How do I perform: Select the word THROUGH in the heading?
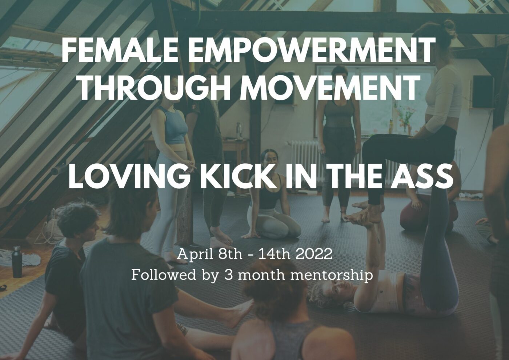[x=154, y=88]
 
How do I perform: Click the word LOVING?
[x=129, y=176]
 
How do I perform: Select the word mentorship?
[x=332, y=275]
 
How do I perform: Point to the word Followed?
[x=164, y=275]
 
